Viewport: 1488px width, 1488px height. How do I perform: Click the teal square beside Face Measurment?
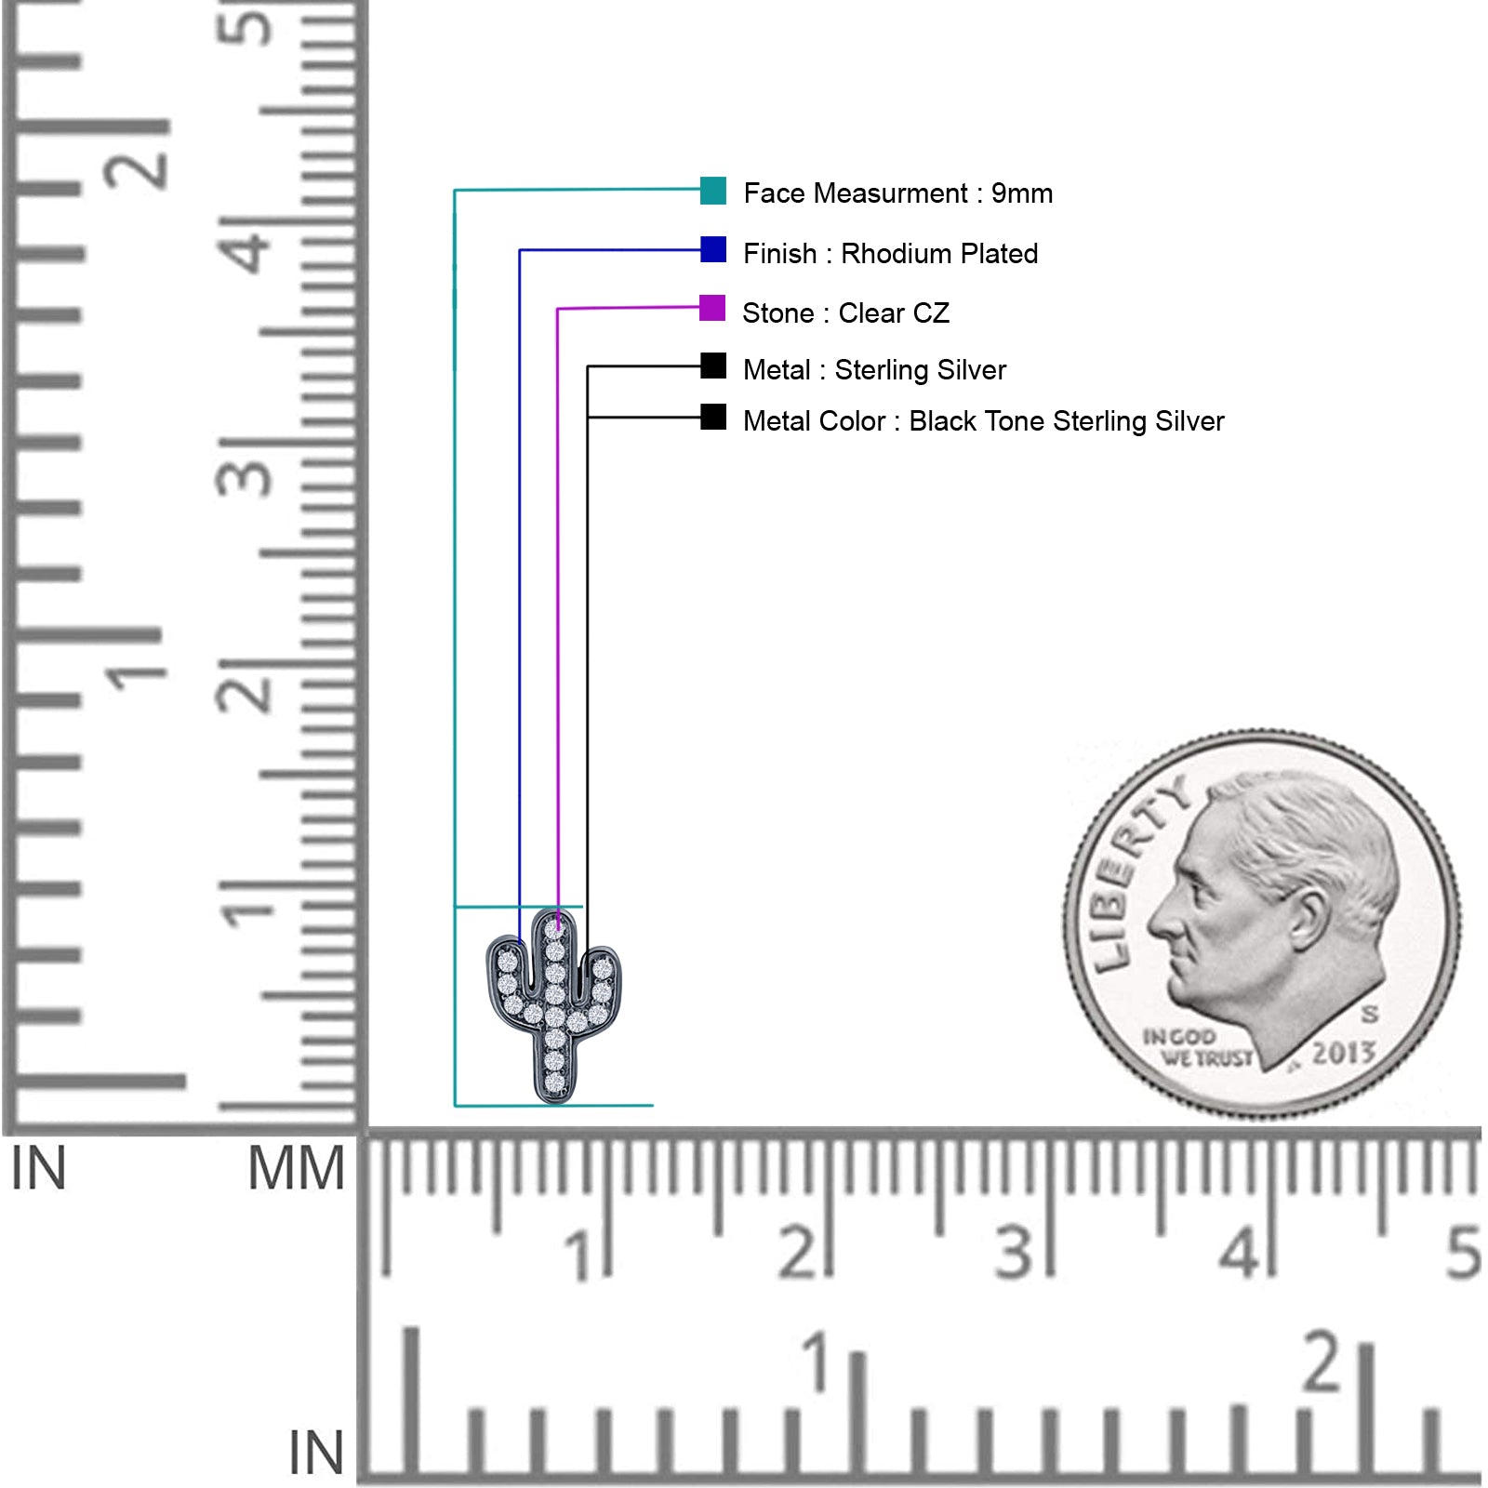[x=713, y=191]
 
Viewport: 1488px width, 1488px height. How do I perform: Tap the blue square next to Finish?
[x=713, y=249]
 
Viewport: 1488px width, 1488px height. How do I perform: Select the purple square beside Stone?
[x=712, y=308]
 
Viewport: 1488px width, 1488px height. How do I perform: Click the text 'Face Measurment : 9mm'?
[x=898, y=193]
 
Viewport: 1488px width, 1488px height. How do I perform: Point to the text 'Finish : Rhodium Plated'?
[x=891, y=253]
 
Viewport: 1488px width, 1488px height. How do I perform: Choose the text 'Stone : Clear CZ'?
[x=846, y=312]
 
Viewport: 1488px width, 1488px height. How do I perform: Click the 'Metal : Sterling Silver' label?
[x=874, y=370]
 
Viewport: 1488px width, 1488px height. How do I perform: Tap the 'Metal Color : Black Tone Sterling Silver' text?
[x=984, y=421]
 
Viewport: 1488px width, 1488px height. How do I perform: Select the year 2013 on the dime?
[x=1344, y=1053]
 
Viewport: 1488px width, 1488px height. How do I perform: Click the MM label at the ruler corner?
[x=296, y=1169]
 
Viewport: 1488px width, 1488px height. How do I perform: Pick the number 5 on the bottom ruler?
[x=1463, y=1253]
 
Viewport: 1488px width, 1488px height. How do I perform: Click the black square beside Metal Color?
[x=713, y=417]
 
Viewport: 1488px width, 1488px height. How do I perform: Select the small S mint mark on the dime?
[x=1370, y=1014]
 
